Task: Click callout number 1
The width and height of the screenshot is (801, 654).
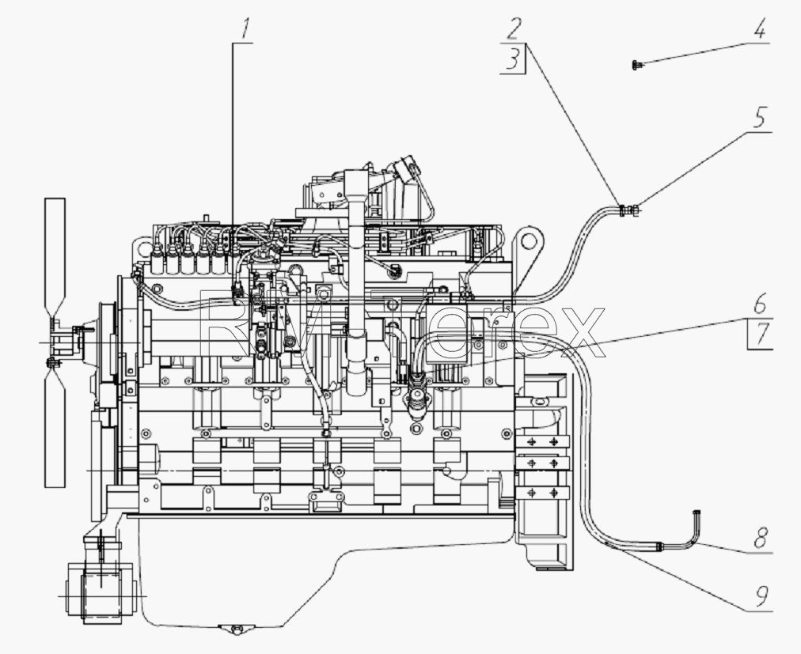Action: click(246, 29)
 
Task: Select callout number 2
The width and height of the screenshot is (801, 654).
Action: click(514, 29)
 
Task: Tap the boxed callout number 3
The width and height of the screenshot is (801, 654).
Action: click(514, 59)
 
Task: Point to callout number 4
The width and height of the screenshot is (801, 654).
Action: click(760, 28)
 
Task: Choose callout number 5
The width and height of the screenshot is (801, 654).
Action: click(760, 117)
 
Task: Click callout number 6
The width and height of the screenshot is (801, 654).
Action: click(760, 303)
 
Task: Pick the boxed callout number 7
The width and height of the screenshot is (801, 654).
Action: click(761, 335)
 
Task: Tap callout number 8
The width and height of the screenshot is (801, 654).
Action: click(761, 537)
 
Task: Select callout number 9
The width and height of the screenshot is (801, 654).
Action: click(761, 595)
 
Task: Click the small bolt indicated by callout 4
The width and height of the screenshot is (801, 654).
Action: click(636, 65)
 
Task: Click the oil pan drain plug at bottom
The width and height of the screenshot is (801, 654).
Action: click(236, 629)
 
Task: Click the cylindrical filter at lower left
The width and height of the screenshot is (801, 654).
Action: click(101, 592)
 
